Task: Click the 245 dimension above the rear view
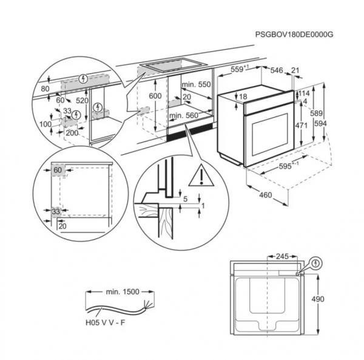click(x=281, y=257)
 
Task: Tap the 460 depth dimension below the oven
click(x=265, y=195)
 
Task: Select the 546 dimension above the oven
click(x=277, y=71)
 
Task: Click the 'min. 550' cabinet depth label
click(x=196, y=85)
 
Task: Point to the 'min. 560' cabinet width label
click(x=184, y=115)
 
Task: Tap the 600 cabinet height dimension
click(x=155, y=97)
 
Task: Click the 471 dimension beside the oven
click(x=301, y=124)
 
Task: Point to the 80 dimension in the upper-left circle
click(x=44, y=89)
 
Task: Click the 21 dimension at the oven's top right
click(x=295, y=71)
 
